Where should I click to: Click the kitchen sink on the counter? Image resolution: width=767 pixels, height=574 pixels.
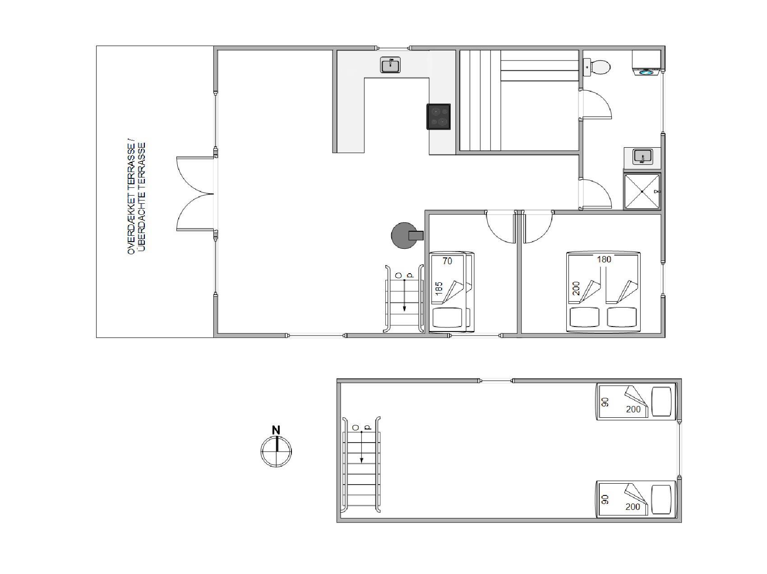tap(390, 65)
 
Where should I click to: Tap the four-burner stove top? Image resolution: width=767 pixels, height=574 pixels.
tap(439, 117)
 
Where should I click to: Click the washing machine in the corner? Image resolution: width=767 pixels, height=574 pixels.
tap(647, 63)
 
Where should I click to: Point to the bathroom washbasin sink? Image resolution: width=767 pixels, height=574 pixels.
tap(642, 157)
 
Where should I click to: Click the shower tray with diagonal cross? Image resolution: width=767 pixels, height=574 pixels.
tap(642, 191)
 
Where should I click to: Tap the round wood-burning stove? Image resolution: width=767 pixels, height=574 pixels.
tap(404, 235)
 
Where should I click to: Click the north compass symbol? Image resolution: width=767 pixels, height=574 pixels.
tap(276, 451)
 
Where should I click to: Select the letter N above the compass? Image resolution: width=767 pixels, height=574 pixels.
tap(276, 430)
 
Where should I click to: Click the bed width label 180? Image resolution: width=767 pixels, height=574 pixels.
tap(604, 259)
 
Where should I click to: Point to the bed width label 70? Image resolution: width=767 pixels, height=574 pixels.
tap(447, 261)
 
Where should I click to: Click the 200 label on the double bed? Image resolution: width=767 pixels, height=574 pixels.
tap(576, 288)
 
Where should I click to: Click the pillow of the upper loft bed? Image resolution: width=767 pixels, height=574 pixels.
tap(662, 401)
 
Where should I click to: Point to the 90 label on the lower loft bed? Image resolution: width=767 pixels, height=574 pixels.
tap(605, 499)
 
